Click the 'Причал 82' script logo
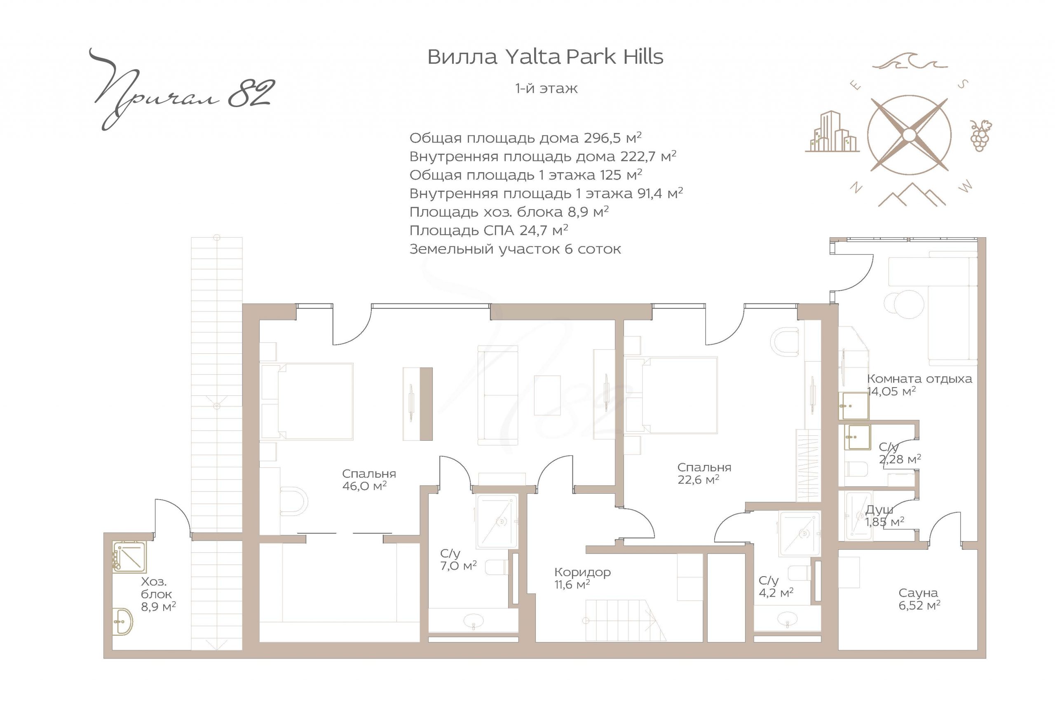point(181,90)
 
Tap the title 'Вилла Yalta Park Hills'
point(545,57)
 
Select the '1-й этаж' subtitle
point(546,88)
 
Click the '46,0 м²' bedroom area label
point(365,486)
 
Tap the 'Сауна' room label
point(918,593)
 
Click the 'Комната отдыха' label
point(919,378)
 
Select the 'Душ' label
point(879,510)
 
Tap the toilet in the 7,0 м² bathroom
point(497,568)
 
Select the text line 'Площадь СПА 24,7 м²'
point(489,231)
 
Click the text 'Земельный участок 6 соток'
point(515,249)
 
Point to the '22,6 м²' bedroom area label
point(698,479)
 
